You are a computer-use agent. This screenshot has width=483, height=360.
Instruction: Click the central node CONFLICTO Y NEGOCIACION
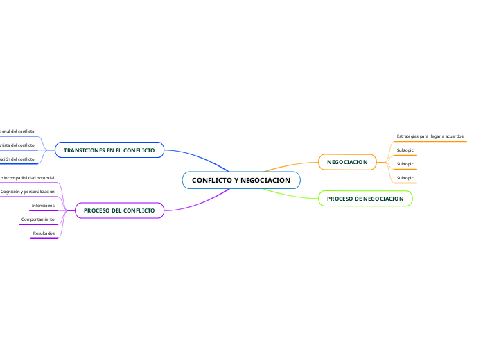pos(241,181)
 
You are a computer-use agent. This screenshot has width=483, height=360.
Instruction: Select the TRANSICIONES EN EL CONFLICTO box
pos(109,150)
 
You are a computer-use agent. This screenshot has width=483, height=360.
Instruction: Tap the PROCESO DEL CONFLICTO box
pos(119,210)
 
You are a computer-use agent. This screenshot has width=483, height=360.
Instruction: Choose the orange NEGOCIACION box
pos(347,162)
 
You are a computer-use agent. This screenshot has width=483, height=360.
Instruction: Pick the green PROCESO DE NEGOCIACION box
pos(365,199)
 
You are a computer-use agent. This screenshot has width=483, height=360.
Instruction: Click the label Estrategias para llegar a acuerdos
pos(430,136)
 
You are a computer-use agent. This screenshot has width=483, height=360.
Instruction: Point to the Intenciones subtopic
pos(43,206)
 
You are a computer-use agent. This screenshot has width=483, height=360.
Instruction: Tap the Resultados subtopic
pos(44,233)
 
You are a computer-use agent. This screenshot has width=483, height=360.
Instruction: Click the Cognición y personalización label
pos(28,191)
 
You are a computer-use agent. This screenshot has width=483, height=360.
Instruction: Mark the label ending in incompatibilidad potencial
pos(27,178)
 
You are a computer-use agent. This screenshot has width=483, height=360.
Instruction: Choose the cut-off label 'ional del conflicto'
pos(17,131)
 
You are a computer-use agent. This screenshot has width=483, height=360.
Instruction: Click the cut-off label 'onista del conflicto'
pos(17,145)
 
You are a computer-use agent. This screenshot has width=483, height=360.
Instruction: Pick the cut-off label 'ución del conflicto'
pos(17,159)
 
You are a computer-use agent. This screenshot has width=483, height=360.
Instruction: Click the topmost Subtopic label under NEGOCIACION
pos(405,150)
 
